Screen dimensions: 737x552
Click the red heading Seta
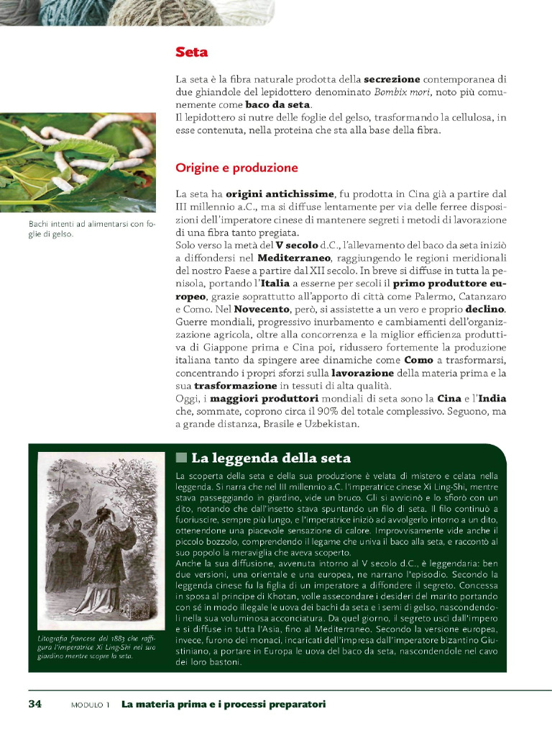point(192,53)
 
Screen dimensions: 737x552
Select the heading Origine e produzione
point(236,168)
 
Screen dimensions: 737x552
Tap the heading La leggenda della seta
point(270,458)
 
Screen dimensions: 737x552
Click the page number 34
point(34,703)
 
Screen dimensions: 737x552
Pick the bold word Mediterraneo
point(294,258)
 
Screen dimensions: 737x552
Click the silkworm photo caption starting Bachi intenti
point(86,230)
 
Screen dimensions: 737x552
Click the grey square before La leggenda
point(181,458)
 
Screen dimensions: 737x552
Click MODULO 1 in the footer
point(90,704)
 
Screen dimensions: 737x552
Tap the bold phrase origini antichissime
point(280,194)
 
